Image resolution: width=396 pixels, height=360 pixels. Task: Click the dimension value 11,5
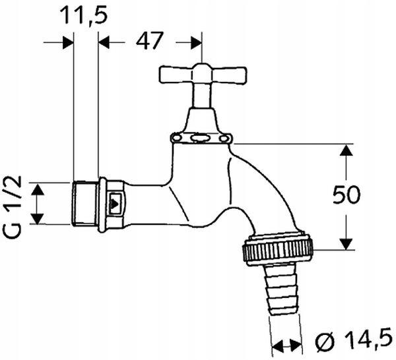(x=84, y=15)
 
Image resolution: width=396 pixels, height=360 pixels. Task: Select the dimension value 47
(x=150, y=41)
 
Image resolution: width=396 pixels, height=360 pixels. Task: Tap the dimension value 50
(x=346, y=195)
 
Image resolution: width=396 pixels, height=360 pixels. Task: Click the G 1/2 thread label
(x=13, y=207)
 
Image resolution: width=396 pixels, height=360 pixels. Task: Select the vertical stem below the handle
(x=202, y=96)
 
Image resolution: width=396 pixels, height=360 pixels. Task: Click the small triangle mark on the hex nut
(x=115, y=203)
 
